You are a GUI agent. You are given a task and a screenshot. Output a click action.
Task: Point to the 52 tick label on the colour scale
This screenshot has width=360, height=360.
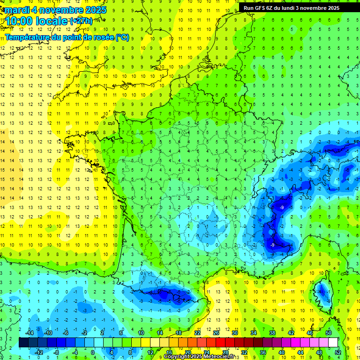(338, 352)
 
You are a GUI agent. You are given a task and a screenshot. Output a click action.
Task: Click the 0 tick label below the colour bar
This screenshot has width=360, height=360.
(93, 352)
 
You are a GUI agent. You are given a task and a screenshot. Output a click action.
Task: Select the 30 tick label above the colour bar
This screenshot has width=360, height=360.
(234, 333)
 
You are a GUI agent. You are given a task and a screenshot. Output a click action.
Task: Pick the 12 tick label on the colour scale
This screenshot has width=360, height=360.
(150, 352)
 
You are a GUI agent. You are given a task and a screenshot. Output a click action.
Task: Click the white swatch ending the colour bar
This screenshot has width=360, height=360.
(333, 343)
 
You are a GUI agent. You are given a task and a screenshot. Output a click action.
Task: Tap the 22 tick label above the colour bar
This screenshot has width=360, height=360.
(197, 333)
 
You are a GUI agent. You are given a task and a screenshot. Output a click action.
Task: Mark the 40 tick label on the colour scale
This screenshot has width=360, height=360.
(282, 352)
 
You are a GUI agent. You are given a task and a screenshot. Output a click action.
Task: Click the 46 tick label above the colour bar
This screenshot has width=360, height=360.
(310, 333)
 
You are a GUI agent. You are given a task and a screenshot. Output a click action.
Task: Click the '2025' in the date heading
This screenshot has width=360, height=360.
(95, 10)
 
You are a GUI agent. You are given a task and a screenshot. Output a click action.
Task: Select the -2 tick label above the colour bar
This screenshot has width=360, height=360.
(84, 333)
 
